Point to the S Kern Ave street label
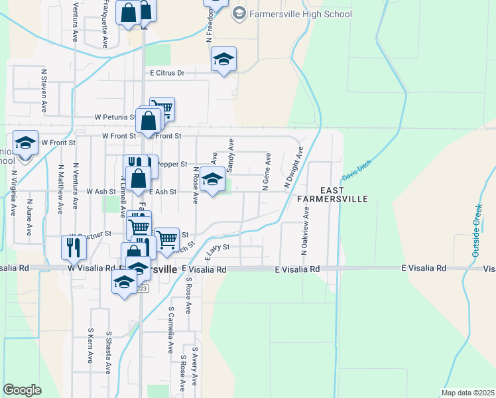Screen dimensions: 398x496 (x=91, y=345)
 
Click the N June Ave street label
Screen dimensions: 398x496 (x=29, y=216)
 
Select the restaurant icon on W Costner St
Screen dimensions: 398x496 (x=72, y=247)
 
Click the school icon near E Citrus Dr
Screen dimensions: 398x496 (x=224, y=59)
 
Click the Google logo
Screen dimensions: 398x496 (x=22, y=390)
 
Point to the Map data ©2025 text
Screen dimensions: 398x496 (x=467, y=393)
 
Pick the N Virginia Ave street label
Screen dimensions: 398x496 (x=13, y=193)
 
